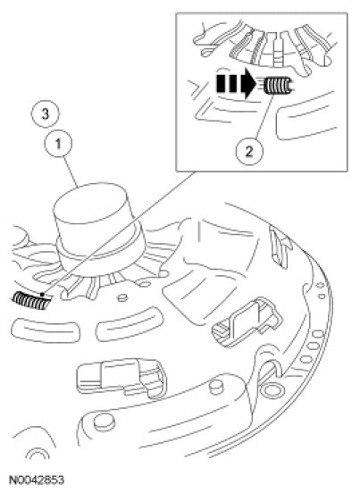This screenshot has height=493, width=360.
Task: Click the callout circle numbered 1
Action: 58,145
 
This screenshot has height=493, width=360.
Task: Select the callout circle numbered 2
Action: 249,152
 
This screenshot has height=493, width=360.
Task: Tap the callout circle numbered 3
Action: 46,113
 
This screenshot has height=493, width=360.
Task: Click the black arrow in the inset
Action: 236,84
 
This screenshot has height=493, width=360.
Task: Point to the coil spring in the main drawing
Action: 31,301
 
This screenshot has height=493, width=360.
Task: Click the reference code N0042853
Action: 37,480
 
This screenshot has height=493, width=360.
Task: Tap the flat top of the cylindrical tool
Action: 91,201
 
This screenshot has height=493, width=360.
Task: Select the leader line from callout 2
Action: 264,116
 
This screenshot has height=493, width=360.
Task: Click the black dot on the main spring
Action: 42,295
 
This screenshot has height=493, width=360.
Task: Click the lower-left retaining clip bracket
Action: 121,377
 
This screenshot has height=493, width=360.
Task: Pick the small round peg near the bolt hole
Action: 216,387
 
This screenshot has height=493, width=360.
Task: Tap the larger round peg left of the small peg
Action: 104,422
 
